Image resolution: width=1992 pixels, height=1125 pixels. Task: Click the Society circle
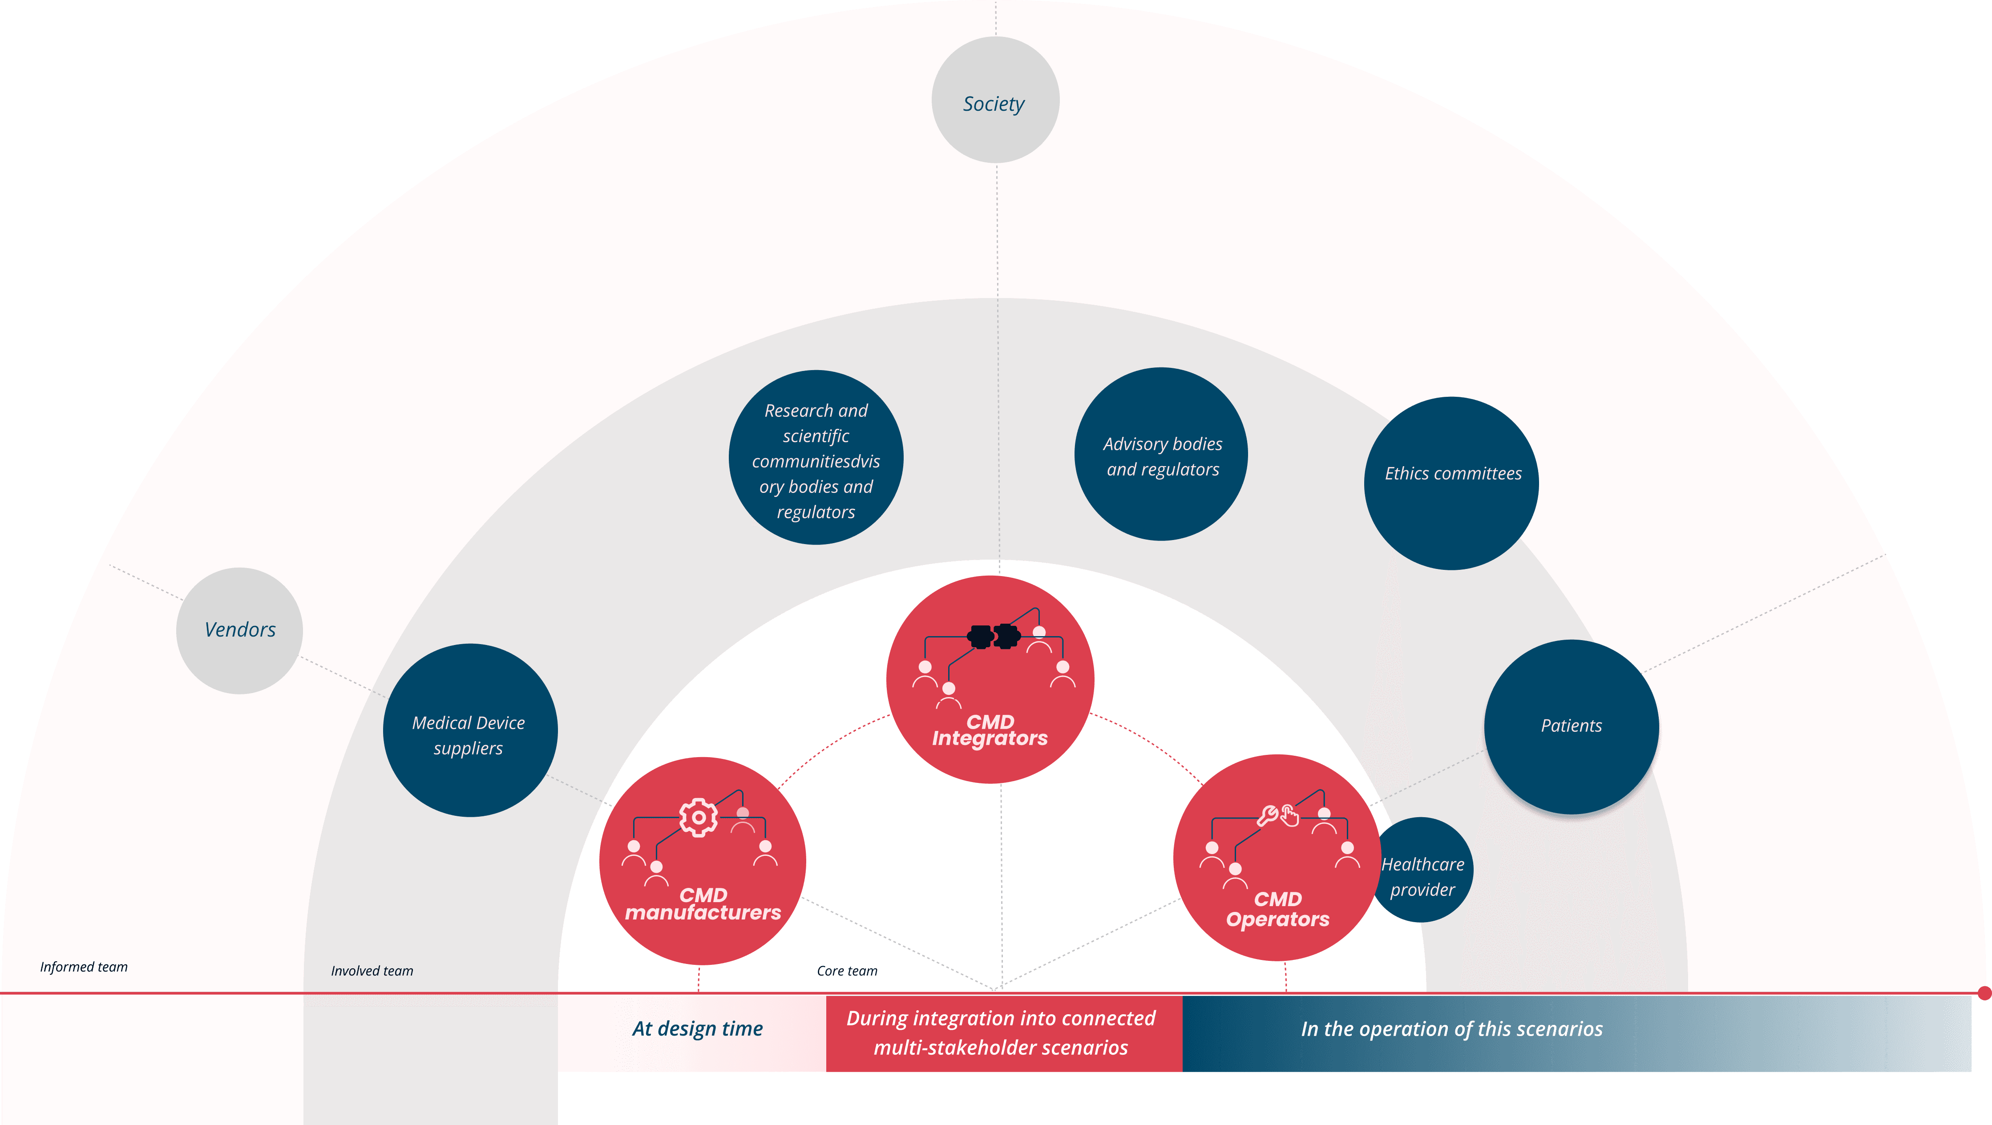point(995,101)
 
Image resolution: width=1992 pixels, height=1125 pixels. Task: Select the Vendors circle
point(240,630)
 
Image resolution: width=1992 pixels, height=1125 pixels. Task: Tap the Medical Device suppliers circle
point(470,731)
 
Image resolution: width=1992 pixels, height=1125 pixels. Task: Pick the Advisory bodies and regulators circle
point(1161,455)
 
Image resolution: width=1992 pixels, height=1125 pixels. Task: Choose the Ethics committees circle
point(1451,483)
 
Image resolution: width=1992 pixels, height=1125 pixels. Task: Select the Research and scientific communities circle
point(816,458)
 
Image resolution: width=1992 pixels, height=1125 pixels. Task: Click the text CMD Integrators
point(990,731)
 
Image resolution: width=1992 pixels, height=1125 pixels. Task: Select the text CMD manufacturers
point(703,905)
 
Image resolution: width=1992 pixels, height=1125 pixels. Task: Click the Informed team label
point(84,967)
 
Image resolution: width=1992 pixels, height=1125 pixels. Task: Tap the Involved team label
point(372,970)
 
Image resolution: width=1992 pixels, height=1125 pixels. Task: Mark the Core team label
point(847,970)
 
